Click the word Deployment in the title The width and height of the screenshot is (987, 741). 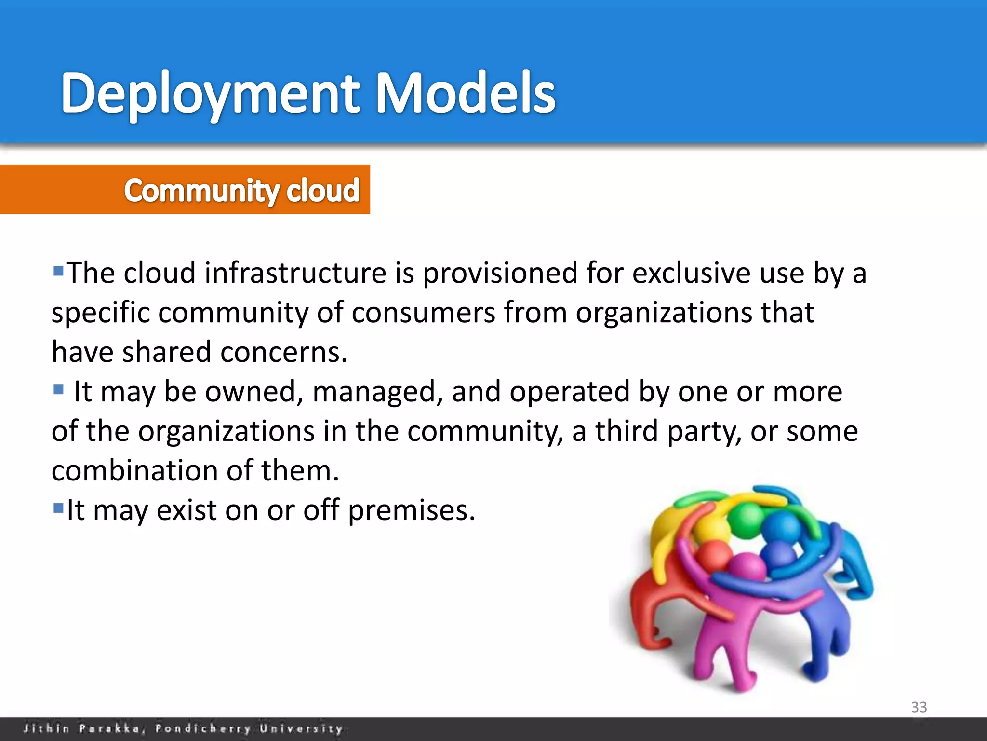pos(210,94)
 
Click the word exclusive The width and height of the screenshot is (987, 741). pos(692,273)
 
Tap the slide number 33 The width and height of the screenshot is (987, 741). pos(919,707)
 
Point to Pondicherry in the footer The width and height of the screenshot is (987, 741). pos(203,728)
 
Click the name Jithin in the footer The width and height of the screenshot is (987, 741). pos(46,728)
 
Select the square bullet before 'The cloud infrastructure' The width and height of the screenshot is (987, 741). pos(58,271)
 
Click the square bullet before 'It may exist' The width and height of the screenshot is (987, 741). pos(58,508)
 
